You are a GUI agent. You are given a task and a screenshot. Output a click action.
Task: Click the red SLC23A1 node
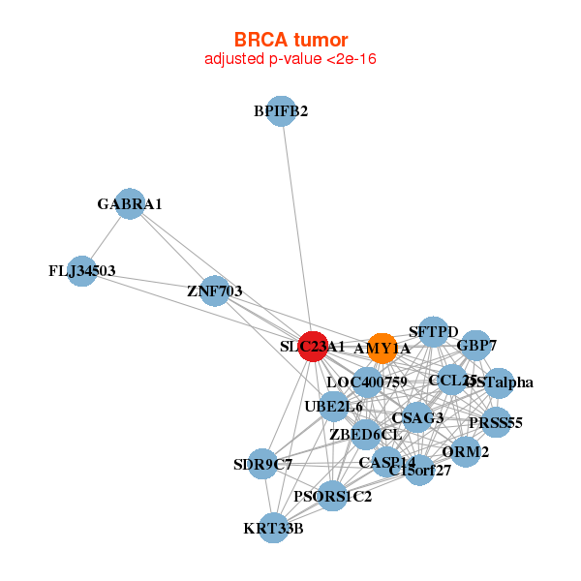pyautogui.click(x=312, y=346)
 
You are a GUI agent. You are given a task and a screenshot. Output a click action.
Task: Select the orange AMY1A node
pyautogui.click(x=382, y=348)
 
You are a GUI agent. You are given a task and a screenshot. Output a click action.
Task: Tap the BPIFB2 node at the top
pyautogui.click(x=281, y=111)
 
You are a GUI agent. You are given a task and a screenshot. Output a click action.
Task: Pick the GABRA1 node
pyautogui.click(x=130, y=204)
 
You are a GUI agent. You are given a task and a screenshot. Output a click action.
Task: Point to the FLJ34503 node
pyautogui.click(x=83, y=270)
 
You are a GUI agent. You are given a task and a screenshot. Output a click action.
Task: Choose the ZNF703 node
pyautogui.click(x=215, y=290)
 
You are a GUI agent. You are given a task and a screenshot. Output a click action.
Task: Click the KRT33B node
pyautogui.click(x=274, y=529)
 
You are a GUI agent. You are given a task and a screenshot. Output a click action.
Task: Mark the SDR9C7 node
pyautogui.click(x=261, y=465)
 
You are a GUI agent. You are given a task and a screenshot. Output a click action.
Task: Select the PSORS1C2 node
pyautogui.click(x=332, y=498)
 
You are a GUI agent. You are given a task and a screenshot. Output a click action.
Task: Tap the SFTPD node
pyautogui.click(x=434, y=332)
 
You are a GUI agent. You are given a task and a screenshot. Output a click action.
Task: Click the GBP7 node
pyautogui.click(x=475, y=345)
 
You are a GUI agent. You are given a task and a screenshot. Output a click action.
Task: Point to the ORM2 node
pyautogui.click(x=466, y=451)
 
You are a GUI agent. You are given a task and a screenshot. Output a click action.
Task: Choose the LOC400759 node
pyautogui.click(x=367, y=382)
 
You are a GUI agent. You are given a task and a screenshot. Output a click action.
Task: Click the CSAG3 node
pyautogui.click(x=417, y=418)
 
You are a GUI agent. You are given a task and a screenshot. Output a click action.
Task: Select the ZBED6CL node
pyautogui.click(x=365, y=434)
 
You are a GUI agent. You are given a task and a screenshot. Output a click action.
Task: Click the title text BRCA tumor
pyautogui.click(x=290, y=40)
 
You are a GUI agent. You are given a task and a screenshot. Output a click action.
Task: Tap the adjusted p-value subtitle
pyautogui.click(x=290, y=59)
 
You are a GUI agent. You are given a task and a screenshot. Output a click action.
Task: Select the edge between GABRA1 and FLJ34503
pyautogui.click(x=107, y=236)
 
